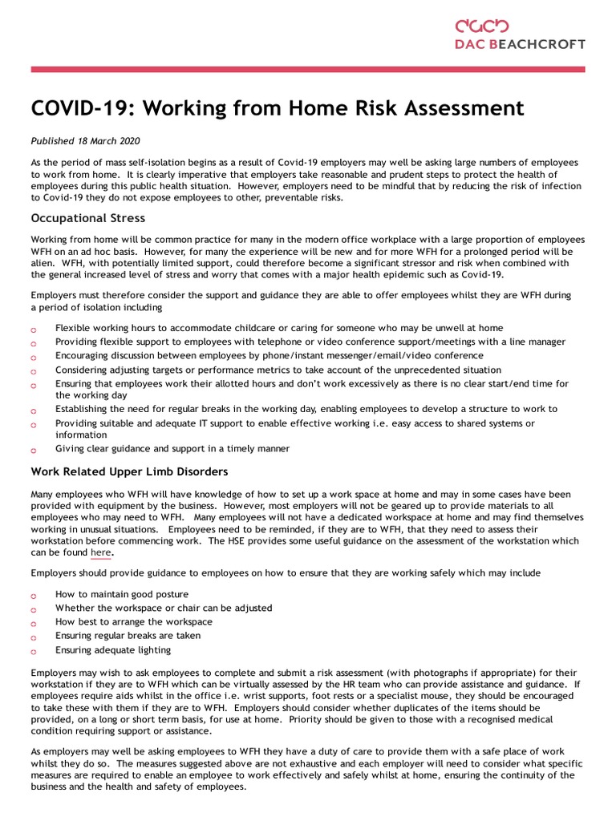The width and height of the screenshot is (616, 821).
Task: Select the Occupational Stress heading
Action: pos(87,217)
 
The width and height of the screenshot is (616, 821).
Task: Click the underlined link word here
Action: pos(101,552)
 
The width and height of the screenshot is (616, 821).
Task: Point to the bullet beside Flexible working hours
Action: pos(34,330)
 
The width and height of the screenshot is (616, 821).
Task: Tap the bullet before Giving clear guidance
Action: pos(34,451)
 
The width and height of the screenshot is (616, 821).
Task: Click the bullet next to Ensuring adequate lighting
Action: pos(34,651)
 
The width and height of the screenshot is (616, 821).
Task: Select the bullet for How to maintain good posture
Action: pos(34,596)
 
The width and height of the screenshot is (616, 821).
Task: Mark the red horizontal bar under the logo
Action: pos(308,70)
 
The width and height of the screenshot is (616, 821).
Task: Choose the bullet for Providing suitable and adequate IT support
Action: pos(34,424)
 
